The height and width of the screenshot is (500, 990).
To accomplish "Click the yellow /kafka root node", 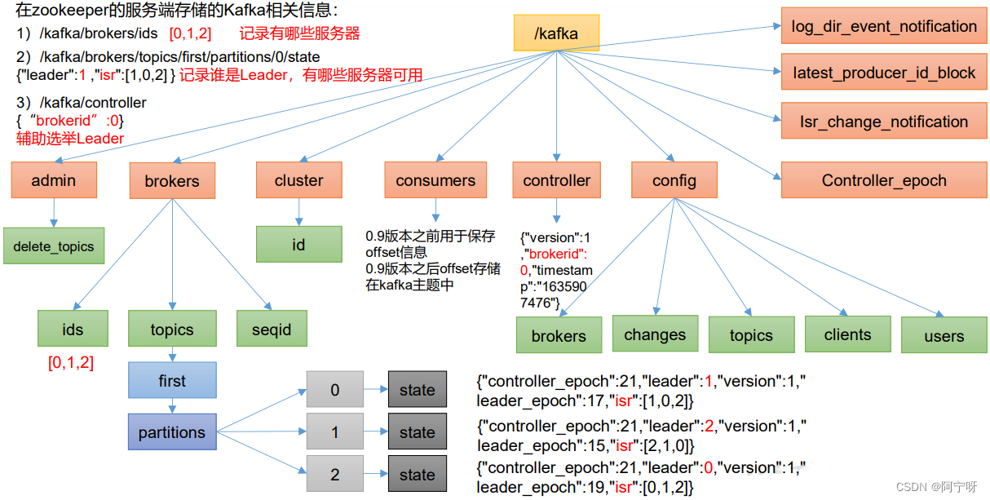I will (556, 33).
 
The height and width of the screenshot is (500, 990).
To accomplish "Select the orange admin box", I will (54, 180).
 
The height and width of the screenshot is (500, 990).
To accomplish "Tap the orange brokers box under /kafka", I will (172, 181).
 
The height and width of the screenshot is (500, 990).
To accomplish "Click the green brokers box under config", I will (559, 335).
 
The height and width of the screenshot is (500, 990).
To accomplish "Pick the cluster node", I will (298, 180).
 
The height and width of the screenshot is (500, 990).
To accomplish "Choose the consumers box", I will (435, 180).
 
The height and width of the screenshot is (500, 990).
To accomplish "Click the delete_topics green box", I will (54, 246).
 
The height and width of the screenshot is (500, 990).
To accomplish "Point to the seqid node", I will (272, 330).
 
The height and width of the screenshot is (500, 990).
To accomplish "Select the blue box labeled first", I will (172, 380).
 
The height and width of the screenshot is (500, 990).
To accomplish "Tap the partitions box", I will (172, 432).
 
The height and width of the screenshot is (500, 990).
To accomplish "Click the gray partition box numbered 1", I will (334, 432).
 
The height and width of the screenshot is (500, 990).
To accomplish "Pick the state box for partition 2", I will (417, 475).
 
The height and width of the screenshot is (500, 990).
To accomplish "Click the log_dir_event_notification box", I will (884, 26).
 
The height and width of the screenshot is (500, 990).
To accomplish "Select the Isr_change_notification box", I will (884, 122).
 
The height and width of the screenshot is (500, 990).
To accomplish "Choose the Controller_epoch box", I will (884, 180).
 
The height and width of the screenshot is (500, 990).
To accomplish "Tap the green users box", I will (944, 335).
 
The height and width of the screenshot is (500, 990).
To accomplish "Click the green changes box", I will (655, 334).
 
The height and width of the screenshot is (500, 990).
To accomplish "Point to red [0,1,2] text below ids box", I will (71, 363).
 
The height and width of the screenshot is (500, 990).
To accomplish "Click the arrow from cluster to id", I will (298, 212).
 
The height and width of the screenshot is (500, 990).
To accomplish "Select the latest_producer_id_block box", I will (884, 73).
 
